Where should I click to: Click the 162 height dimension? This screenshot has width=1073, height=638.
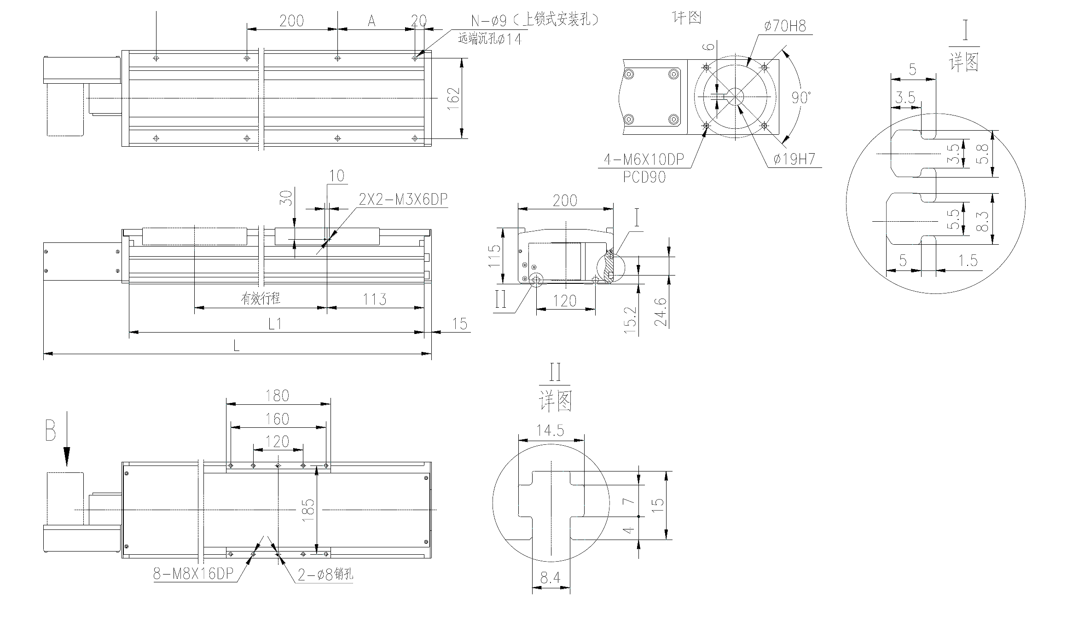(454, 98)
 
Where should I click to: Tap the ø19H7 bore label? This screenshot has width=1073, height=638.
(795, 159)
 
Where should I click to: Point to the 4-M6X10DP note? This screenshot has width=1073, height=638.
(644, 159)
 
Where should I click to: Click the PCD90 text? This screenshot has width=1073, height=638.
(644, 177)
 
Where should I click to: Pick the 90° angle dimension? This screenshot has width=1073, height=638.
(801, 97)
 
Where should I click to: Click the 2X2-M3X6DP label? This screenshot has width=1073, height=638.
(403, 199)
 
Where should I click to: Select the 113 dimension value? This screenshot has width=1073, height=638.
(375, 299)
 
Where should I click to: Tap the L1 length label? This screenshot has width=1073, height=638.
(275, 324)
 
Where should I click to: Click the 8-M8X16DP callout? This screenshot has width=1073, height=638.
(193, 574)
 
